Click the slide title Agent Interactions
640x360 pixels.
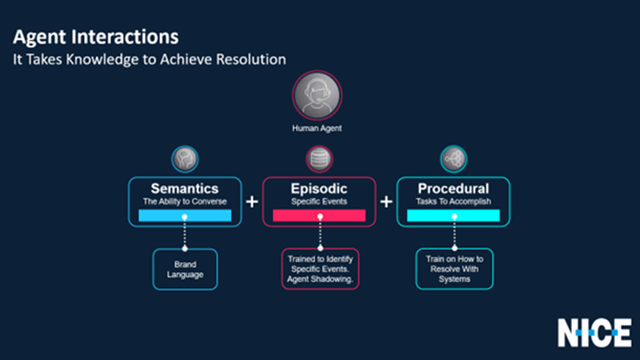point(95,37)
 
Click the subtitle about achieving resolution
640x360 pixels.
point(148,60)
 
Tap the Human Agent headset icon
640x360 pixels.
point(319,96)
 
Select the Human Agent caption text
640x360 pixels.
point(319,127)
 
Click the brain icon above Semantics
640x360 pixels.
point(185,158)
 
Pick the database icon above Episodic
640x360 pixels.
point(319,158)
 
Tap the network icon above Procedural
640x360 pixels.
point(454,158)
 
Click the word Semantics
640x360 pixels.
point(185,189)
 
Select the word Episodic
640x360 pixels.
point(319,189)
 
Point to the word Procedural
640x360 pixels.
point(454,189)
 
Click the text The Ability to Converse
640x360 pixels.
point(185,202)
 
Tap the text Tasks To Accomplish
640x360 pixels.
point(454,202)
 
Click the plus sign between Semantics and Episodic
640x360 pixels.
point(252,202)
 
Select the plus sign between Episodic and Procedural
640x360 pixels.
point(386,202)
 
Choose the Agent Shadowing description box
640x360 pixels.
point(320,268)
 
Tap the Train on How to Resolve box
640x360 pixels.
point(454,268)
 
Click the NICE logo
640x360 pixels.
point(594,331)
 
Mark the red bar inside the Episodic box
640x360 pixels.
point(319,216)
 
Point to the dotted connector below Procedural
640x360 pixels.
point(454,236)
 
